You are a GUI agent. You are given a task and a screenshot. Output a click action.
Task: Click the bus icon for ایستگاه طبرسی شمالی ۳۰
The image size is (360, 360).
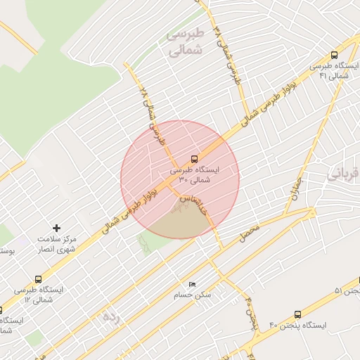(x=195, y=159)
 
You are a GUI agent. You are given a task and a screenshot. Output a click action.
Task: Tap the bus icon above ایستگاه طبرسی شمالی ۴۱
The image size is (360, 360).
(x=334, y=55)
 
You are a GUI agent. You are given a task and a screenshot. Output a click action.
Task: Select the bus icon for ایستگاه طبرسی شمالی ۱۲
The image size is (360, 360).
(x=37, y=279)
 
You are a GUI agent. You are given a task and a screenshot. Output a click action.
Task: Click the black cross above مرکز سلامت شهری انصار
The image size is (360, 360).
(x=57, y=228)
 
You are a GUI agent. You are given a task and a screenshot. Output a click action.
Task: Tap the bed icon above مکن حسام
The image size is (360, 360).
(x=192, y=284)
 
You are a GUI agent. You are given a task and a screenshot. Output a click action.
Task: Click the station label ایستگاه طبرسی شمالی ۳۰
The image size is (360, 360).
(x=195, y=174)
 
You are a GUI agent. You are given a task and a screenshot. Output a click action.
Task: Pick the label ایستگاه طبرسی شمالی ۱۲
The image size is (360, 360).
(x=38, y=295)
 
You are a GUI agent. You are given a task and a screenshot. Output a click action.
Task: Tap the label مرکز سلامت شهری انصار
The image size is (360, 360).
(x=58, y=243)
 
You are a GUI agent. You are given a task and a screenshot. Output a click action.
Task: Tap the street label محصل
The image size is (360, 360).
(x=249, y=233)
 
